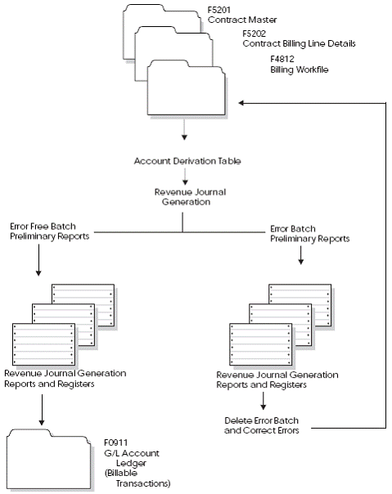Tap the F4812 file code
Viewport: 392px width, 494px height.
pos(283,61)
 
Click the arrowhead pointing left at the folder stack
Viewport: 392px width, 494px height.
pos(242,103)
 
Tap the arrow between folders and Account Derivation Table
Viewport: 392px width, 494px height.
pos(184,133)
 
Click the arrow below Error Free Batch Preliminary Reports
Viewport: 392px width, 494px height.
pos(40,263)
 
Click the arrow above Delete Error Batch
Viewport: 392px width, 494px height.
pos(263,402)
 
